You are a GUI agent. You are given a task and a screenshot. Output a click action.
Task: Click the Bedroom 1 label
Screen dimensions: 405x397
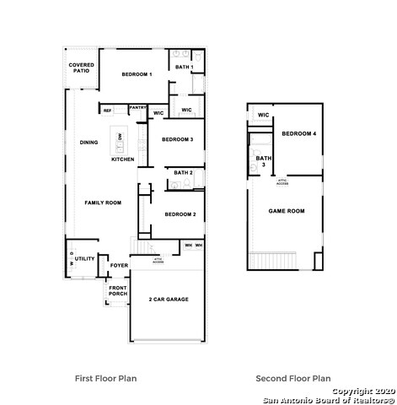tap(137, 75)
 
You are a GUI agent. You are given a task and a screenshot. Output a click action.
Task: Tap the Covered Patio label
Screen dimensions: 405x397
tap(82, 67)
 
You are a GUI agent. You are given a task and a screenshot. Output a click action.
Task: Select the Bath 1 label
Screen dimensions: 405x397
tap(184, 67)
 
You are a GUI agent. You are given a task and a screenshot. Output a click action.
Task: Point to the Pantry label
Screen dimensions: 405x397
tap(138, 107)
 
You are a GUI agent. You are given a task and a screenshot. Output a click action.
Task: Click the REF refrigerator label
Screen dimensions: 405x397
tap(107, 111)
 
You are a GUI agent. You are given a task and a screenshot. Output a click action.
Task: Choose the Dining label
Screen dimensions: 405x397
tap(89, 143)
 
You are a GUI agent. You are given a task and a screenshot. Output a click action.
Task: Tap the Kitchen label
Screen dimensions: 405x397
tap(123, 159)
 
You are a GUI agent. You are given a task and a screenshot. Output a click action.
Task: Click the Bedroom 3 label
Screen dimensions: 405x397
tap(178, 139)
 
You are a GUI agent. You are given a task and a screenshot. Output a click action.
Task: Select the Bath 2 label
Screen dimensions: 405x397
tap(183, 172)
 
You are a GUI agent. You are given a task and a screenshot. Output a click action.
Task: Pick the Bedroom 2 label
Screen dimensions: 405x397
tap(180, 214)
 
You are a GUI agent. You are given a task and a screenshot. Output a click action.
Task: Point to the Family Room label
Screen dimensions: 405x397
tap(103, 202)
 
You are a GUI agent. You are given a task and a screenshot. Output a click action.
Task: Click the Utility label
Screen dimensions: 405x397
tap(84, 259)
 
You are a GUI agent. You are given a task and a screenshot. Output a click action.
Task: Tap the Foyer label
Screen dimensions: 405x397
tap(119, 266)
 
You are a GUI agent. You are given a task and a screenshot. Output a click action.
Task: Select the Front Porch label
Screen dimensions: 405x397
tap(117, 290)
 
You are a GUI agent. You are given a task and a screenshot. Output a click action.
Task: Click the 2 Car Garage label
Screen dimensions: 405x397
tap(168, 300)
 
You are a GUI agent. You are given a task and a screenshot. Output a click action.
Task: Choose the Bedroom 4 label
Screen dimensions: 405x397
tap(298, 134)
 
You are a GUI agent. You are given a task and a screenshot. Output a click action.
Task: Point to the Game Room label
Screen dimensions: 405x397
tap(287, 210)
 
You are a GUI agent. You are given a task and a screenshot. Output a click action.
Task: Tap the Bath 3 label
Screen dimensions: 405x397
tap(264, 161)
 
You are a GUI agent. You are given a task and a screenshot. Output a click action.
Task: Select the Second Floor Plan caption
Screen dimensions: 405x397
tap(292, 379)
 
